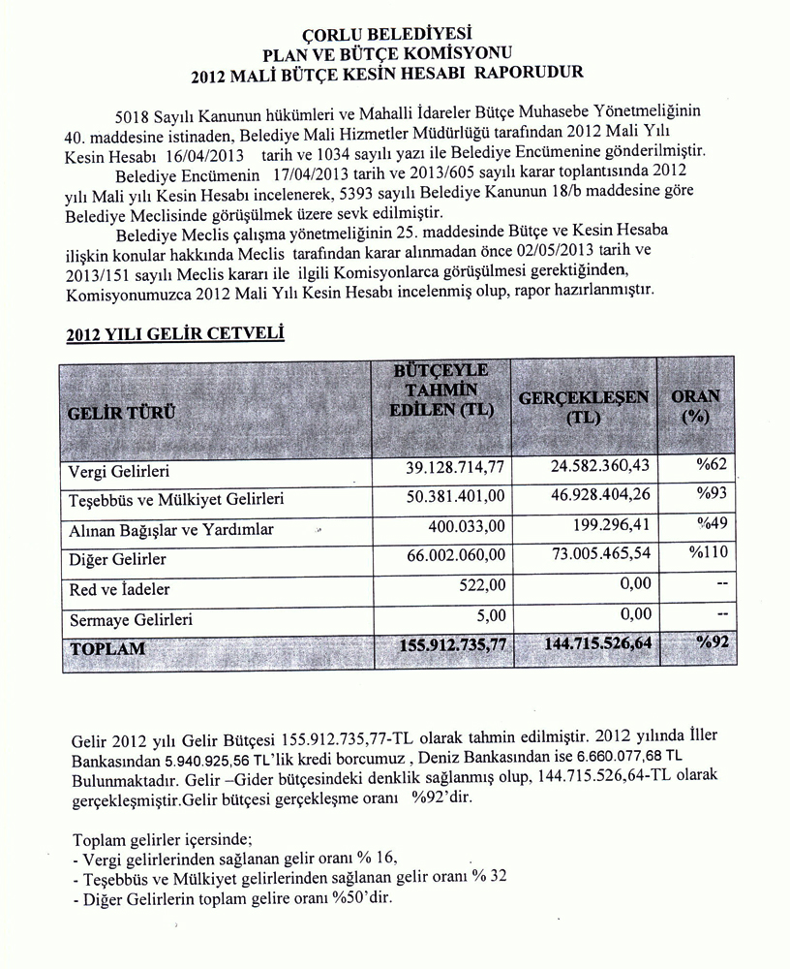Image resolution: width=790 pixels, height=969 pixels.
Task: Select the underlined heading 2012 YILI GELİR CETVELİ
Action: coord(174,335)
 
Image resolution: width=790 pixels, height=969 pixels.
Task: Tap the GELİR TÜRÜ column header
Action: coord(122,412)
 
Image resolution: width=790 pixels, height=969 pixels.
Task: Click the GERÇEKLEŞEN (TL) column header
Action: coord(584,407)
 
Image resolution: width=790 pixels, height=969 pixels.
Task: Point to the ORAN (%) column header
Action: coord(695,406)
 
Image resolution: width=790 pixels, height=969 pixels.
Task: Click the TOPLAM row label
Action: coord(106,647)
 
